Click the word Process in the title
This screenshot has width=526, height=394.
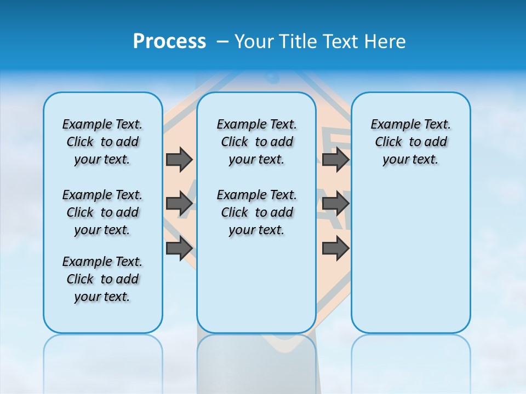(169, 42)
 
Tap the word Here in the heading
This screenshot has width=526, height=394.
(385, 42)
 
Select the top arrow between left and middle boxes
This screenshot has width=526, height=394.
(179, 159)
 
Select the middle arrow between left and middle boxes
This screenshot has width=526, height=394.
(179, 204)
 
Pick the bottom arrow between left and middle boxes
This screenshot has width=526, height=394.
(179, 248)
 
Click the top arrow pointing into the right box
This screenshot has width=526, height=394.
(335, 159)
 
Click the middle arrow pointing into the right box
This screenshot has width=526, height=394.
(335, 204)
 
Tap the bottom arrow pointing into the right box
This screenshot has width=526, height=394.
(335, 248)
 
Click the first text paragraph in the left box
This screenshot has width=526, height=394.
(102, 142)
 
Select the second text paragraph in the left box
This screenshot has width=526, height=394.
(102, 212)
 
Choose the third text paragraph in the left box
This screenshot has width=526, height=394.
(102, 279)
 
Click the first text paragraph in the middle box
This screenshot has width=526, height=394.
(256, 142)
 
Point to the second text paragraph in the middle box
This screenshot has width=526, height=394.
(256, 212)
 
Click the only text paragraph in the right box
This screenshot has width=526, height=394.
(410, 142)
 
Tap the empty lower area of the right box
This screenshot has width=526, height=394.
(410, 257)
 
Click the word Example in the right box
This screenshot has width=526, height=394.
(391, 125)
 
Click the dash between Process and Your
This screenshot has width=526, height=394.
(223, 42)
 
